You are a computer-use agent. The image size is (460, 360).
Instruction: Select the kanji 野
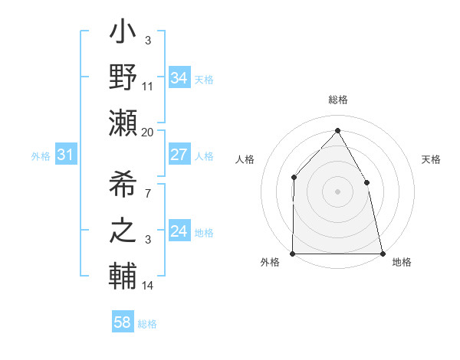[123, 77]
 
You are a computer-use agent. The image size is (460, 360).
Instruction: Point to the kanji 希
[123, 184]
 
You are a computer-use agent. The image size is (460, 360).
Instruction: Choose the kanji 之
[123, 231]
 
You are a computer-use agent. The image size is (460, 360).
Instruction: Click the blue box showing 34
[179, 77]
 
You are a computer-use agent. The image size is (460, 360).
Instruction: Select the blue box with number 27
[179, 155]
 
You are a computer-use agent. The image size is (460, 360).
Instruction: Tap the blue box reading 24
[179, 231]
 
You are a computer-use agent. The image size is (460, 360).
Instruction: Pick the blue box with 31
[65, 155]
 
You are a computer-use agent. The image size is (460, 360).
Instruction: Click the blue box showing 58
[123, 322]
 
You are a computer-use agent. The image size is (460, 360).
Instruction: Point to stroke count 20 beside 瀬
[148, 132]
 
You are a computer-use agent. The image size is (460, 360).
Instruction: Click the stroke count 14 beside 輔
[148, 286]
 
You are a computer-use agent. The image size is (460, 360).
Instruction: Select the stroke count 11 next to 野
[148, 86]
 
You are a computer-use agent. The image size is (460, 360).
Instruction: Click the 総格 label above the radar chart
[338, 100]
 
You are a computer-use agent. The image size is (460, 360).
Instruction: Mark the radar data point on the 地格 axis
[382, 253]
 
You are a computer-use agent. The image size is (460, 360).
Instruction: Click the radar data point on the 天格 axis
[366, 182]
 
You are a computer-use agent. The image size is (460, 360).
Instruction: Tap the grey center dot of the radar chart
[337, 191]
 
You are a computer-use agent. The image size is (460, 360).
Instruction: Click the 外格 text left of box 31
[41, 156]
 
